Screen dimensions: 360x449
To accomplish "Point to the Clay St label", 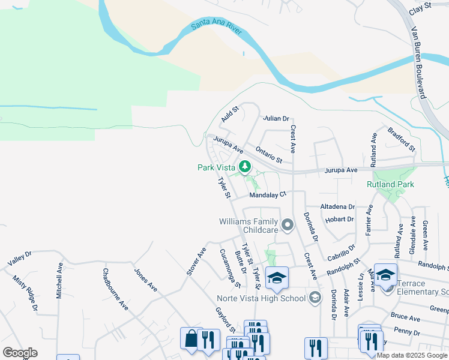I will point(420,8).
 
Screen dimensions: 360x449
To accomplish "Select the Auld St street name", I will point(229,114).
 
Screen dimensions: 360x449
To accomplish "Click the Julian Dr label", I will point(276,118).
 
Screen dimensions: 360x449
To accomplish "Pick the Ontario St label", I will point(268,154).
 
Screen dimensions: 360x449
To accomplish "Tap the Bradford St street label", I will point(401,139).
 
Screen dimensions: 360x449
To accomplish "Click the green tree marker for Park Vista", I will point(244,167).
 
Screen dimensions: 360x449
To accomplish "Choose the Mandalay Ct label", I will point(269,194).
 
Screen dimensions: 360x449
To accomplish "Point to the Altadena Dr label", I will point(337,206).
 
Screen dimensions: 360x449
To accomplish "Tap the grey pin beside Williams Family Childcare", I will point(288,226).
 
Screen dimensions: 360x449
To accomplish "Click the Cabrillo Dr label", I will point(342,251).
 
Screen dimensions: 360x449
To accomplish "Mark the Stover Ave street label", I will point(196,260).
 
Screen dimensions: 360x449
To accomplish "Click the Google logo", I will point(20,353).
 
